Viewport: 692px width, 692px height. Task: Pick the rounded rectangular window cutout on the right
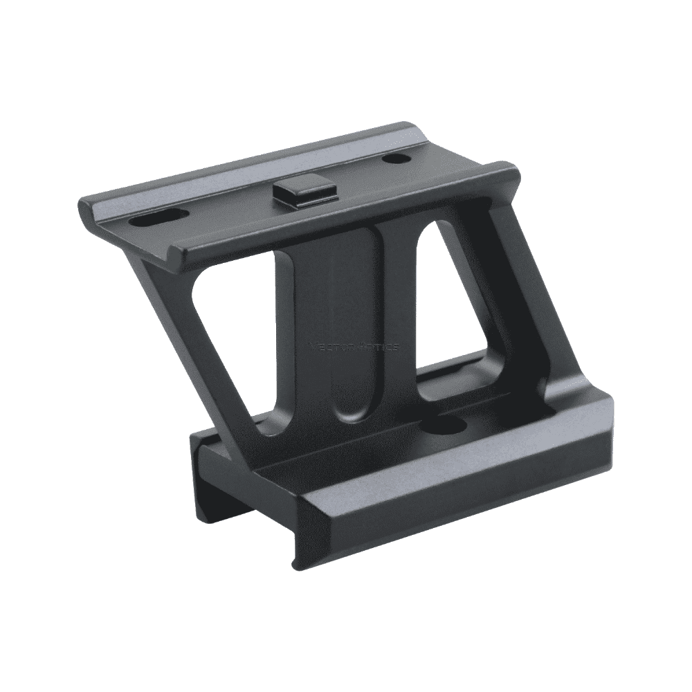pos(457,311)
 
